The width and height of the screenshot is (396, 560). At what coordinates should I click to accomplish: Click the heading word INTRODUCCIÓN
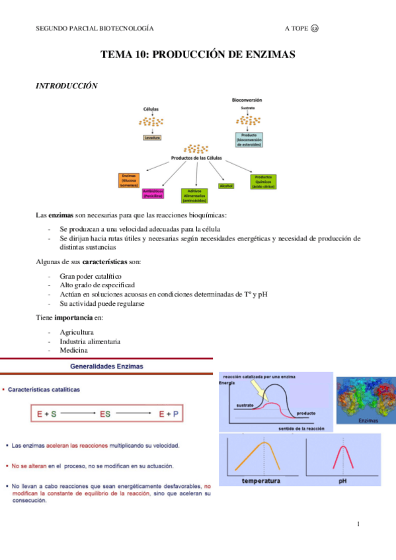[66, 86]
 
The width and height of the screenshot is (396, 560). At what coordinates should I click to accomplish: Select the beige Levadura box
[153, 137]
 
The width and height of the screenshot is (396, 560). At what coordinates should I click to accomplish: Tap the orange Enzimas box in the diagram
[128, 180]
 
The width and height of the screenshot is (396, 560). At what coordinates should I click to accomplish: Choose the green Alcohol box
[227, 186]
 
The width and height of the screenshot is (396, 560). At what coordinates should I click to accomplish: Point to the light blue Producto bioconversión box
[248, 139]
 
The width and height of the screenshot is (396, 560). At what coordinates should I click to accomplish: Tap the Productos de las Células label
[196, 158]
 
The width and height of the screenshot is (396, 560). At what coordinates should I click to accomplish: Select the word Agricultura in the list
[77, 332]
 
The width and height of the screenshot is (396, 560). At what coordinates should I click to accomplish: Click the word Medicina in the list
[73, 350]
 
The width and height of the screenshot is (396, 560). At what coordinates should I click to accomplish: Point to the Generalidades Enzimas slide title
[106, 365]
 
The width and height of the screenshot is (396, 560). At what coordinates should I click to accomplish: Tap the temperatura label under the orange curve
[262, 481]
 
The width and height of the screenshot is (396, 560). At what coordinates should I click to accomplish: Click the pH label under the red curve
[342, 481]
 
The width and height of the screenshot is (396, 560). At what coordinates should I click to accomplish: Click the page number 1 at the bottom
[358, 524]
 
